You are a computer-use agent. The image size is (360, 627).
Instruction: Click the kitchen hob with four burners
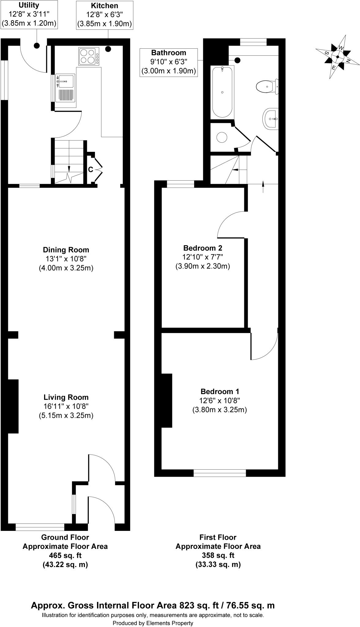click(x=89, y=56)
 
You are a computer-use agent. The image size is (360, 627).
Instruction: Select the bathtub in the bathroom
click(x=222, y=92)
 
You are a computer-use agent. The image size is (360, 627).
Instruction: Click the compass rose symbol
click(x=338, y=57)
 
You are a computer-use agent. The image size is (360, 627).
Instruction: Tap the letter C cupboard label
click(x=91, y=169)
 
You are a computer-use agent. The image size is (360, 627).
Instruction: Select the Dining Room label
click(x=66, y=250)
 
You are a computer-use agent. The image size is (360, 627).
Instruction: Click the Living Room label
click(x=66, y=397)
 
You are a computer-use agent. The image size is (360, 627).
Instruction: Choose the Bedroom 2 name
click(x=203, y=248)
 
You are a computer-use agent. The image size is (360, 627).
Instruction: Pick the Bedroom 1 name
click(x=220, y=391)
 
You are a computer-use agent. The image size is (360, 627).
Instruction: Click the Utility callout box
click(x=29, y=14)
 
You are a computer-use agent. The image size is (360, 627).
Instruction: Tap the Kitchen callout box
click(x=104, y=15)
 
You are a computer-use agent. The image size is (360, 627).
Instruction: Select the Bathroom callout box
click(x=169, y=62)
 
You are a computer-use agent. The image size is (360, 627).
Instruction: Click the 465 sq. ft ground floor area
click(x=65, y=555)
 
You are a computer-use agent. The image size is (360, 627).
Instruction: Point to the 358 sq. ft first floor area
click(x=218, y=555)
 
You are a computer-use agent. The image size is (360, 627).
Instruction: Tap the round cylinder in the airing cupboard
click(x=222, y=137)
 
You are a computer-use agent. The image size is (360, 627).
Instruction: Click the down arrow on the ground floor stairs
click(x=69, y=168)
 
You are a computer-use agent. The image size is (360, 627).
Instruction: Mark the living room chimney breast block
click(x=13, y=406)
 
